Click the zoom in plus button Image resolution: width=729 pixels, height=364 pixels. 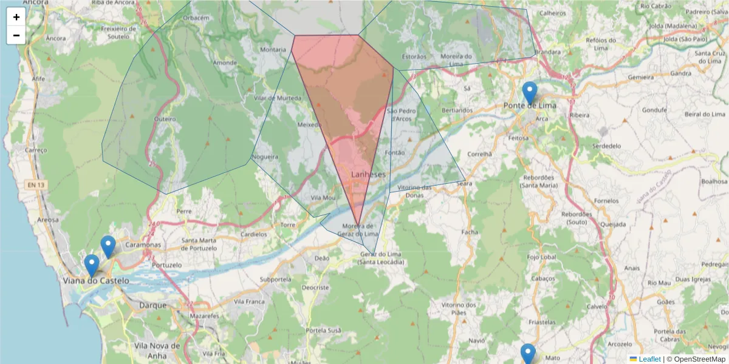pyautogui.click(x=16, y=17)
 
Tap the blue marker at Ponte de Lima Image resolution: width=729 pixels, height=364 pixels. pyautogui.click(x=530, y=93)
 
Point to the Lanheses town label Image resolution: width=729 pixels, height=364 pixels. pyautogui.click(x=368, y=174)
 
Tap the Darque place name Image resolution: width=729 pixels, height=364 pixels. pyautogui.click(x=152, y=305)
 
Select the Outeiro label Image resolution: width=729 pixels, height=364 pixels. pyautogui.click(x=165, y=119)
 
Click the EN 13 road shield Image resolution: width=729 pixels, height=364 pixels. pyautogui.click(x=35, y=184)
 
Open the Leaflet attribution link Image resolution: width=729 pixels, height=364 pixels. pyautogui.click(x=649, y=359)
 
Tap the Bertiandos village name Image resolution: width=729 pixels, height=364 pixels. pyautogui.click(x=457, y=110)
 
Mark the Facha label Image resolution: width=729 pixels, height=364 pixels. pyautogui.click(x=470, y=232)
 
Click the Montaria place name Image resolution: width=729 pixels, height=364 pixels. pyautogui.click(x=272, y=50)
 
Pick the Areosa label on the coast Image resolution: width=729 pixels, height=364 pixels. pyautogui.click(x=48, y=220)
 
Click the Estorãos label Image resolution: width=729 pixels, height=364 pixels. pyautogui.click(x=414, y=56)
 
